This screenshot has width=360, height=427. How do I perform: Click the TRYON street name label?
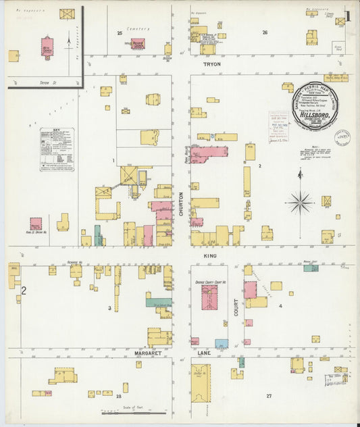(x=211, y=64)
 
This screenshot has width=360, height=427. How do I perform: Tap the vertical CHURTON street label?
(x=181, y=203)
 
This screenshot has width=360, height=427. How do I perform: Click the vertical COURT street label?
(x=236, y=305)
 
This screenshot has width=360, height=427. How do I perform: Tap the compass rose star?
(x=300, y=201)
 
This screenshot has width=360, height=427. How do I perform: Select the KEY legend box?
(x=56, y=149)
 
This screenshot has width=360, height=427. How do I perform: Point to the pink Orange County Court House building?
(x=210, y=297)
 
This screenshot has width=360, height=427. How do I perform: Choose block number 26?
(x=265, y=32)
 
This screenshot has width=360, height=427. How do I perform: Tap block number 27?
(x=268, y=395)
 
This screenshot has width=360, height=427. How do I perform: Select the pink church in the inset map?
(x=47, y=48)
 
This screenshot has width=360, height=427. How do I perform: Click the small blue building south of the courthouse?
(x=222, y=343)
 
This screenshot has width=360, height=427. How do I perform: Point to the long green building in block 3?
(x=159, y=303)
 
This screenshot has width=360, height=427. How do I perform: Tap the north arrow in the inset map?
(x=70, y=45)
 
